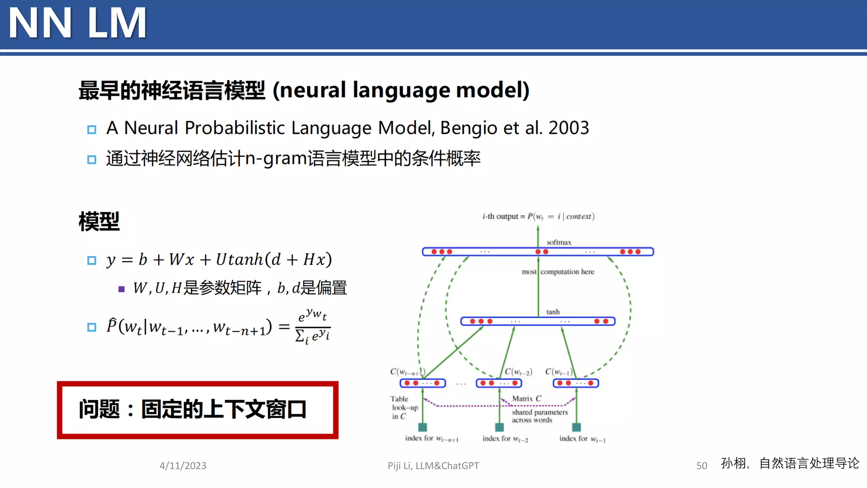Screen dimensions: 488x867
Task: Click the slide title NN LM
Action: tap(77, 23)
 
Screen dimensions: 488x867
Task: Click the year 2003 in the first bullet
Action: tap(569, 128)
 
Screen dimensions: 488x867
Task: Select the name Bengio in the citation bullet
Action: tap(469, 128)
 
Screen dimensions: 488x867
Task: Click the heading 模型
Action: tap(99, 222)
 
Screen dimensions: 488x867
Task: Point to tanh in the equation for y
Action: tap(246, 260)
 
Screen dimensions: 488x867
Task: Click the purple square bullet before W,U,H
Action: tap(121, 289)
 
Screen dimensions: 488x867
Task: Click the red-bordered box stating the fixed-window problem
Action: tap(198, 410)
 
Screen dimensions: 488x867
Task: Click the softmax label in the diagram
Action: tap(558, 242)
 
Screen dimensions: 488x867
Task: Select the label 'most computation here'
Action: tap(558, 272)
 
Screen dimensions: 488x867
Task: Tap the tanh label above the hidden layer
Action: tap(552, 312)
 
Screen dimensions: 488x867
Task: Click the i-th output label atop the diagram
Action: tap(538, 216)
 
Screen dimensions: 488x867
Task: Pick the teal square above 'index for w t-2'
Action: tap(500, 427)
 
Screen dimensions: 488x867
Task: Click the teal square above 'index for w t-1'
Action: tap(576, 427)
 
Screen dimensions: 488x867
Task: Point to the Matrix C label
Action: tap(527, 399)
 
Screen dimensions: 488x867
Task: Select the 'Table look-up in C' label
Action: tap(403, 408)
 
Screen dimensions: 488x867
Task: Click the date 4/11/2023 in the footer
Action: tap(183, 466)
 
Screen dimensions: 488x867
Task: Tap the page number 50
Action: tap(701, 466)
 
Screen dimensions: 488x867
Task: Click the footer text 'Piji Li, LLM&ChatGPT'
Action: tap(433, 466)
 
